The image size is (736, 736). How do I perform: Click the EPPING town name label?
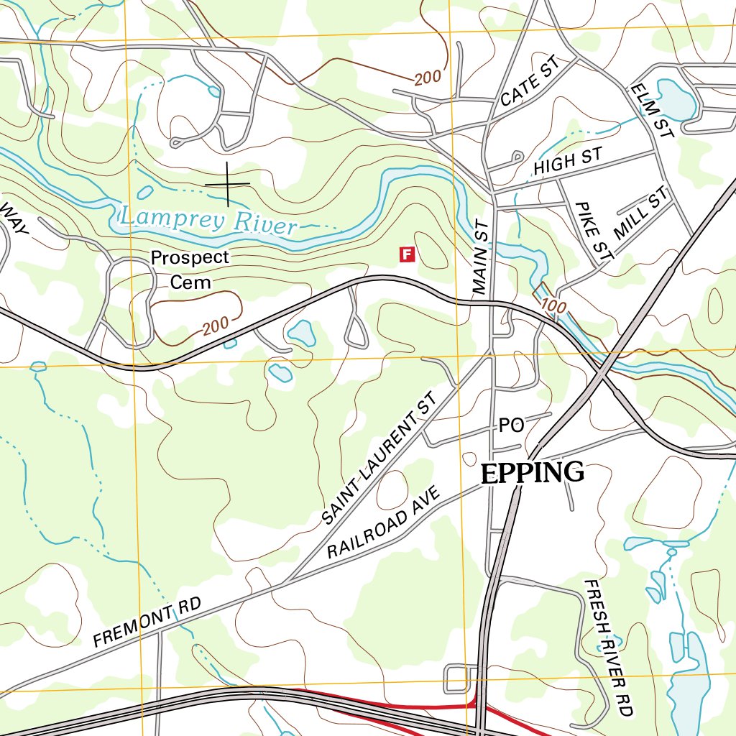coord(532,473)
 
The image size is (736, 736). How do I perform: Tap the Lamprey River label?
coord(208,220)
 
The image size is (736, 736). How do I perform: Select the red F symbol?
coord(408,254)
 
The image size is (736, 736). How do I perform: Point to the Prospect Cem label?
coord(190,269)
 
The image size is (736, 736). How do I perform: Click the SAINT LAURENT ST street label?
coord(379,458)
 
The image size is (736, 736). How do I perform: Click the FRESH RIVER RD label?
coord(608,648)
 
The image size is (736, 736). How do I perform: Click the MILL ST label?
coord(641,213)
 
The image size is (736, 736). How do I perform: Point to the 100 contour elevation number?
coord(553,305)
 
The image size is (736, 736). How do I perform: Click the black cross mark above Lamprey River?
coord(228,184)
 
